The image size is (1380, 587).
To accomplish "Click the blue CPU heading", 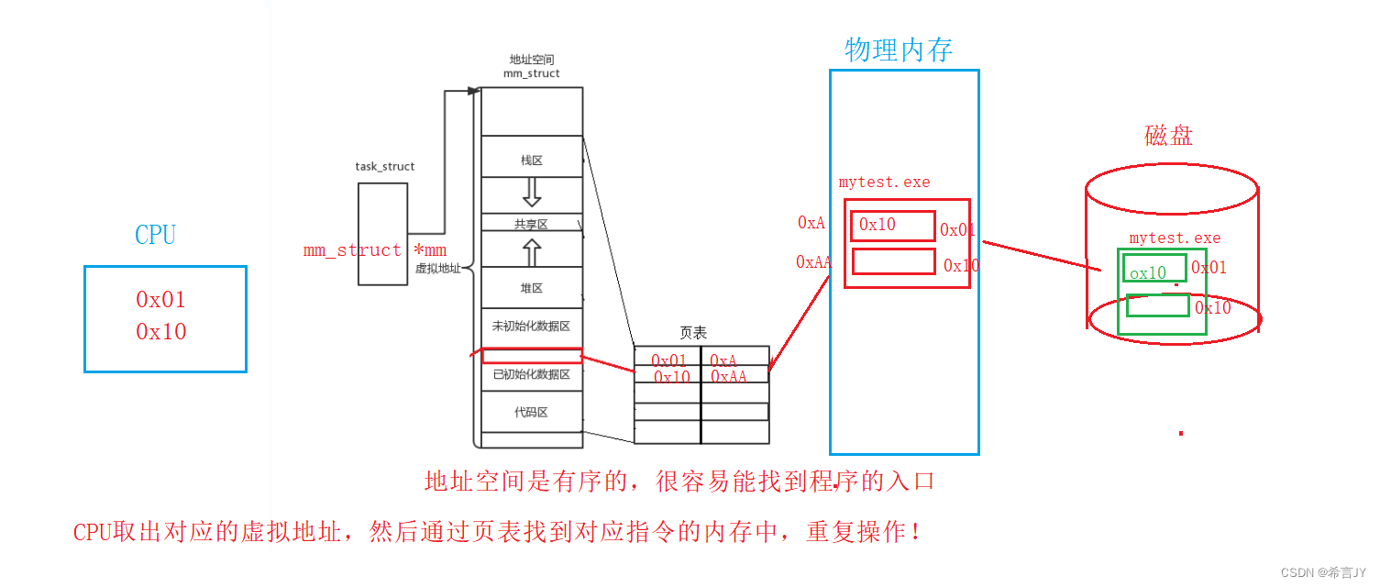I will coord(155,235).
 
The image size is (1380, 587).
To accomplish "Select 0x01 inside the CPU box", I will coord(161,300).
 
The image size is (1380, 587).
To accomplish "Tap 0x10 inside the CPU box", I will coord(161,332).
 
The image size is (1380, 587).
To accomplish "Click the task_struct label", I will coord(385,167).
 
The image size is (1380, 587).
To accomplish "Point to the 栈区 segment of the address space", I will coord(532,161).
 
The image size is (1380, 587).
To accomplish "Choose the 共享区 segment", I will coord(532,224).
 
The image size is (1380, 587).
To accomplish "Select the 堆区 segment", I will coord(532,288).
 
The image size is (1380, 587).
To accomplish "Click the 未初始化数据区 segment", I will coord(532,326).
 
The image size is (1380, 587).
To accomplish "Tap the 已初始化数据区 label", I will coord(532,374).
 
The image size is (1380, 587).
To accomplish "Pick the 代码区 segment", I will coord(532,413).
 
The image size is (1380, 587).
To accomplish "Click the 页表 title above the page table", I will coord(693,333).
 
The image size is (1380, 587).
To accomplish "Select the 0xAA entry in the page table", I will coord(729,377).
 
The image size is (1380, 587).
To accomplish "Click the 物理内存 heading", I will coord(899,50).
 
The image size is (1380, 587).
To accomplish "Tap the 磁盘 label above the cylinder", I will coord(1169,136).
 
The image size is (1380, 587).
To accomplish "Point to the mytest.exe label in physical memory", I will coord(884,183).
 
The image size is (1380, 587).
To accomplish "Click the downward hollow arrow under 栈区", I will coord(532,192).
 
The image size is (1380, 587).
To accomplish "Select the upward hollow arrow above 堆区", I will coord(532,251).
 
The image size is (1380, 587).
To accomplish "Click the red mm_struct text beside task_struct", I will coord(352,250).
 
